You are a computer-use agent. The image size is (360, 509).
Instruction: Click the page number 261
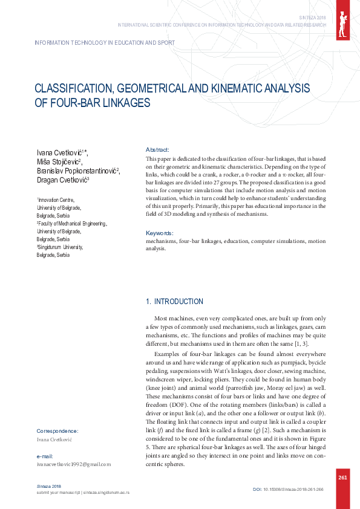coord(342,478)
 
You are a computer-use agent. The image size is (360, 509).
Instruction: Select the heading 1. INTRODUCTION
coord(175,302)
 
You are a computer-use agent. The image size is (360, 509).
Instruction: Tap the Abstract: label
coord(157,149)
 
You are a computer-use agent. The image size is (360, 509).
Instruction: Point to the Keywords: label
coord(160,233)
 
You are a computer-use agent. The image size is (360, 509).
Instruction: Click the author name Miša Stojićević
coord(59,161)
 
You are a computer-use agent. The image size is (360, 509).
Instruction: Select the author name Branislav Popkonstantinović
coord(78,170)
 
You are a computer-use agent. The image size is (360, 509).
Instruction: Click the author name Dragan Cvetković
coord(62,180)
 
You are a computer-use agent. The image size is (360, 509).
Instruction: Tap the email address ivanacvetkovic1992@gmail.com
coord(74,464)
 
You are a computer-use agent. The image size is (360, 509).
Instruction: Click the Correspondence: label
coord(57,431)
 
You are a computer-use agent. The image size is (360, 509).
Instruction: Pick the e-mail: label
coord(46,456)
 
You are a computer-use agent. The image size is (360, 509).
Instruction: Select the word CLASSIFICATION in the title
coord(74,89)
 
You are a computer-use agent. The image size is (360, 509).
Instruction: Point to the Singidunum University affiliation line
coord(60,247)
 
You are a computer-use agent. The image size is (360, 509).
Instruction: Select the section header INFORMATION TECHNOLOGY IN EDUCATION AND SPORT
coord(106,43)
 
